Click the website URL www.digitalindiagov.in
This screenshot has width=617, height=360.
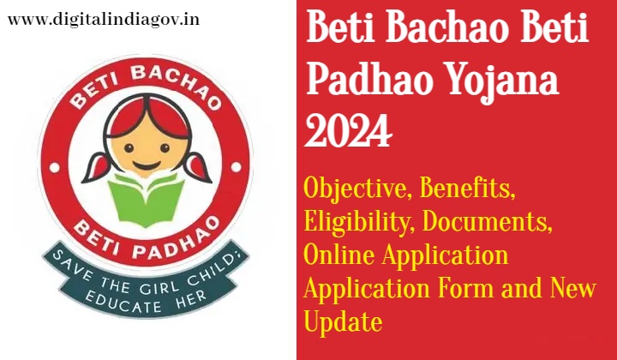(x=104, y=21)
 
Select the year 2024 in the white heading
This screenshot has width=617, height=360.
(x=348, y=130)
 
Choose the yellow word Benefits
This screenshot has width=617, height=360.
(x=467, y=188)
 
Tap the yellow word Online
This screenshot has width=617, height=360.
(x=339, y=255)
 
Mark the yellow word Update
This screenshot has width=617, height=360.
(x=343, y=322)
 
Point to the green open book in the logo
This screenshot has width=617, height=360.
(x=147, y=200)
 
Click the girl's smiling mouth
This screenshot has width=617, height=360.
(x=147, y=164)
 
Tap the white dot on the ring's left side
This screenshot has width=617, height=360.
(x=54, y=168)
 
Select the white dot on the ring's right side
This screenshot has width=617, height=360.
(x=236, y=167)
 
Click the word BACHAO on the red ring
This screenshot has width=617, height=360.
(x=175, y=84)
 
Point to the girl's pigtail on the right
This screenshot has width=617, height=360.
(x=199, y=167)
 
